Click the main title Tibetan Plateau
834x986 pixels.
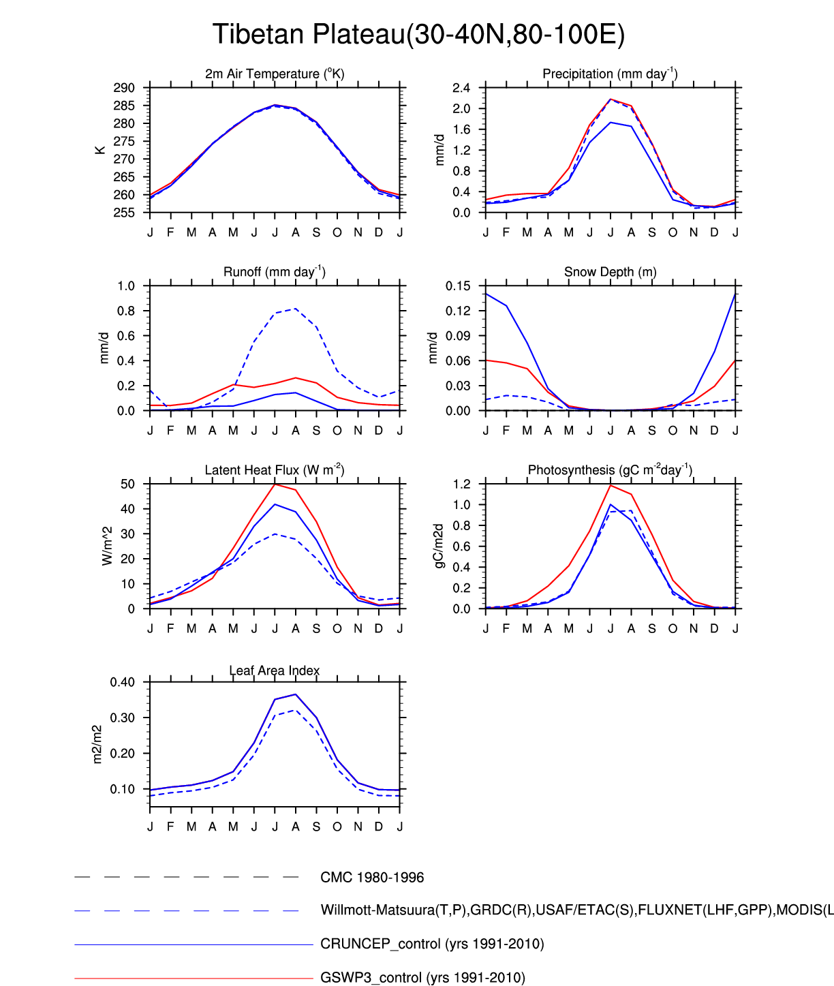418,34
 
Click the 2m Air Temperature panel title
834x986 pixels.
275,74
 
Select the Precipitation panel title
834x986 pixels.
610,74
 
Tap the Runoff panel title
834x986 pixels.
275,272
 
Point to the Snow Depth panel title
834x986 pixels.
610,272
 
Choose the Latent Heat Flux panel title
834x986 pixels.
275,470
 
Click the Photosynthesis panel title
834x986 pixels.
610,470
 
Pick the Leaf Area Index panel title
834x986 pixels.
275,671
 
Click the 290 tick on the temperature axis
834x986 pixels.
125,88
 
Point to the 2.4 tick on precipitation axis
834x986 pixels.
461,88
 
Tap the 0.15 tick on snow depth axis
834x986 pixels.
458,286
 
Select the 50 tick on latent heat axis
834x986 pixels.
128,484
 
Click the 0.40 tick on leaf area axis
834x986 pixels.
123,682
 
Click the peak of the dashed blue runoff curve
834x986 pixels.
295,309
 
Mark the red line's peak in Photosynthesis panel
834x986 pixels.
611,485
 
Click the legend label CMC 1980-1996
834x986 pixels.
372,878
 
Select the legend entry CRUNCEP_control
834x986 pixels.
432,944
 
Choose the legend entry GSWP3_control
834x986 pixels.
422,978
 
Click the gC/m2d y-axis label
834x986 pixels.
439,546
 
